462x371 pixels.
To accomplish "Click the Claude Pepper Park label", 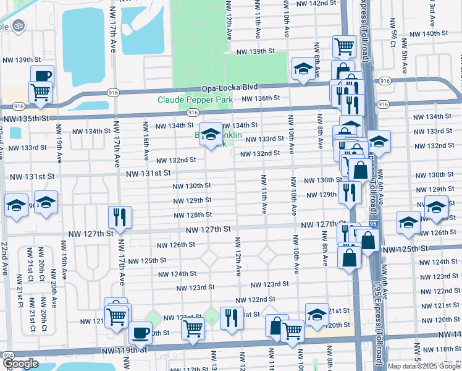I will click(197, 100).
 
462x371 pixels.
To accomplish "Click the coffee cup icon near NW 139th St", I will click(42, 76).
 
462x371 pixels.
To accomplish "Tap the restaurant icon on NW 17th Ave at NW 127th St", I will click(117, 217).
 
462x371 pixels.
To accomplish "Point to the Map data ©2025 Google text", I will click(424, 366).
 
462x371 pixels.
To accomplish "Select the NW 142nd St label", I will click(318, 4).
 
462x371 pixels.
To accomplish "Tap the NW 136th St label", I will click(261, 98).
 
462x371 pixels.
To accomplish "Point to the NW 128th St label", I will click(193, 215).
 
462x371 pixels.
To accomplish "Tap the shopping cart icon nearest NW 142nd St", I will click(344, 45).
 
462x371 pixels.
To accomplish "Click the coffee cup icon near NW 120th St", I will click(140, 332).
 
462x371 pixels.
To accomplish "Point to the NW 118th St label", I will click(440, 349).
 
